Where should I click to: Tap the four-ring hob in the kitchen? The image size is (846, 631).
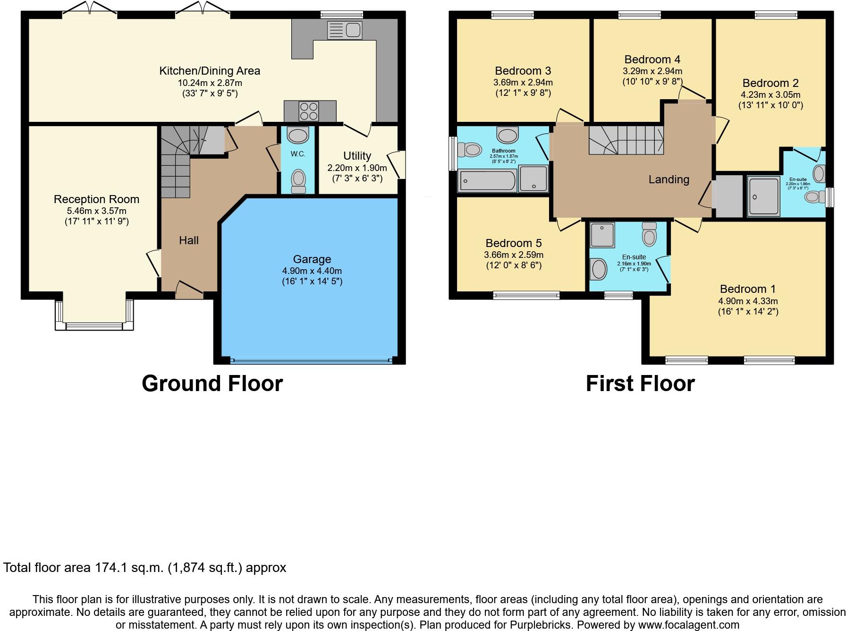click(309, 111)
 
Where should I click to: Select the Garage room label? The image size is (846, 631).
click(312, 259)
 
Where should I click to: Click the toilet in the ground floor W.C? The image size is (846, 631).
click(298, 180)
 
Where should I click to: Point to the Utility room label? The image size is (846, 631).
click(357, 156)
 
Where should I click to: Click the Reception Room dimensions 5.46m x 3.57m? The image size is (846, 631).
click(97, 211)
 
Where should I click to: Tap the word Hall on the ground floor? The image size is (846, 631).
click(189, 240)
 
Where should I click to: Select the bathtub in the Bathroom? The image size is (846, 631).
click(487, 181)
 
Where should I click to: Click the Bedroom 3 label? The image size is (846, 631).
click(523, 71)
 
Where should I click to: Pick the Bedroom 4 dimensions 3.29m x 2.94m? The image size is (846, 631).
click(652, 71)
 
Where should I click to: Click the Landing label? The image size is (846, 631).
click(668, 179)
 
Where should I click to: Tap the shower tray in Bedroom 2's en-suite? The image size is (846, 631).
click(763, 196)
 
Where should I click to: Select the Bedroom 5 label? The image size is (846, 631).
click(514, 243)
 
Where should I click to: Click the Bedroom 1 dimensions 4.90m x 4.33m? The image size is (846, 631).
click(748, 301)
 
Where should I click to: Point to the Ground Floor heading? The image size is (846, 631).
click(212, 384)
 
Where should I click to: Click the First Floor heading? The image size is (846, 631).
click(640, 384)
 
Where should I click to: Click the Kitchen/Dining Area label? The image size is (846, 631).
click(210, 71)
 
